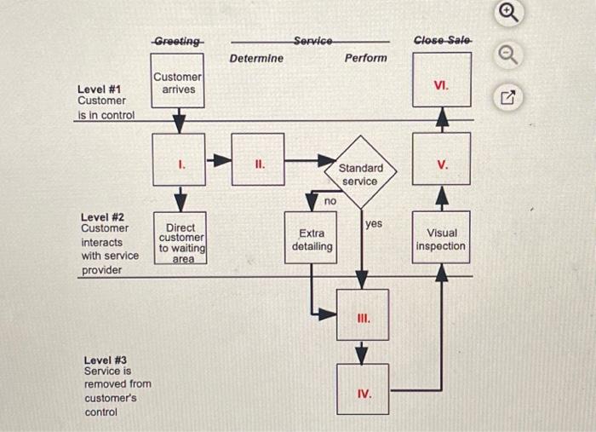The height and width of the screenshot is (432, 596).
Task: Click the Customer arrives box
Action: click(x=178, y=82)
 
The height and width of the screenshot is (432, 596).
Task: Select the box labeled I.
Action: click(x=179, y=159)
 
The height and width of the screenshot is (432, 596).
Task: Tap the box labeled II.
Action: click(x=257, y=159)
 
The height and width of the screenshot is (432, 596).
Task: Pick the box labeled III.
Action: click(x=362, y=315)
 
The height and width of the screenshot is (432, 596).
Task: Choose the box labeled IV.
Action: click(x=363, y=390)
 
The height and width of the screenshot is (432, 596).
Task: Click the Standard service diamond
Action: click(x=361, y=173)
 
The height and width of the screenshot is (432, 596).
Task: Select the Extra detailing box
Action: click(x=311, y=239)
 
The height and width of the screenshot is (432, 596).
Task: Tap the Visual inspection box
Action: click(x=441, y=239)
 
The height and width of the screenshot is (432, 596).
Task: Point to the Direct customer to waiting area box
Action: click(x=181, y=241)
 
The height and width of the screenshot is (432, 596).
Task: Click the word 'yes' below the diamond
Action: click(x=374, y=223)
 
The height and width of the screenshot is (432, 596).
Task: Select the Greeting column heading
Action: click(x=178, y=41)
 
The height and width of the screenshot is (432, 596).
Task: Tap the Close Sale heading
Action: click(x=441, y=41)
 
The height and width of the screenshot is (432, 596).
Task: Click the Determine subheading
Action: click(x=256, y=58)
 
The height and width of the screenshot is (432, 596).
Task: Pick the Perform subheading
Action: click(x=365, y=58)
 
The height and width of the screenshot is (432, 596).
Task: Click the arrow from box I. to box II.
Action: click(x=219, y=159)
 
